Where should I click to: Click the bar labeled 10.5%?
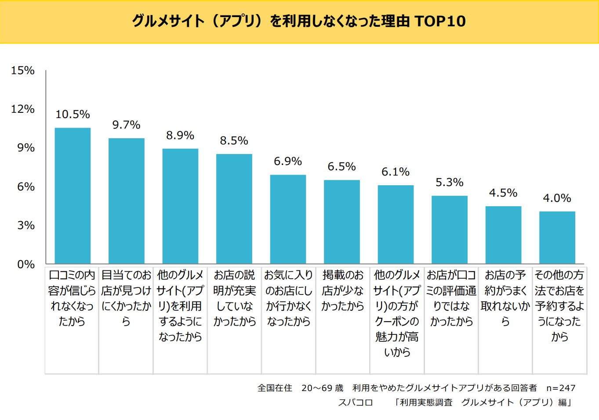73,195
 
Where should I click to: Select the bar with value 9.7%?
127,201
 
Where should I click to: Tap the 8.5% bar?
234,208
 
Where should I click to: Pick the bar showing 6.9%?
288,219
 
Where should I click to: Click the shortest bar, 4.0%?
557,237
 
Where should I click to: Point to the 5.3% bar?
450,230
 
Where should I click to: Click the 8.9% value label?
180,136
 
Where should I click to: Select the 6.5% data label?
341,167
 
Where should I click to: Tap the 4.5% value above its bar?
503,193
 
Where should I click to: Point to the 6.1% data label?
396,172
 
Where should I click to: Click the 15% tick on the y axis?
23,71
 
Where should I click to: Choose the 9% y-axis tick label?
26,148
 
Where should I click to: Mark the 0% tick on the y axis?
26,264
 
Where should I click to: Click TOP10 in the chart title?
440,21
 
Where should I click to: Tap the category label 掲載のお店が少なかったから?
343,291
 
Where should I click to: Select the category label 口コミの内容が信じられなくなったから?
72,298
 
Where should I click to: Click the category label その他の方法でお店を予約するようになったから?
559,306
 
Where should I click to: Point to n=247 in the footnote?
561,388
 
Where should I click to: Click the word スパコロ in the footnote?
356,402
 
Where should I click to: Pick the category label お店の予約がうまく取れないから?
505,298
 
